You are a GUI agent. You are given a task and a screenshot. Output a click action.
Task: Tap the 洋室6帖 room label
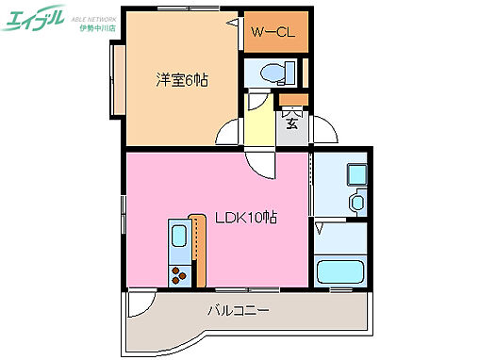(182, 80)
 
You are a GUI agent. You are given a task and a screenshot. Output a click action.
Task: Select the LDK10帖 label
(244, 217)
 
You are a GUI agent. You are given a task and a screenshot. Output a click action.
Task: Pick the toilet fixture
(269, 74)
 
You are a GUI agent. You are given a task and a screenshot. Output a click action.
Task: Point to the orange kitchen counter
(198, 251)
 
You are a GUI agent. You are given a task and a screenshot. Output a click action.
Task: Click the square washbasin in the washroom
(356, 174)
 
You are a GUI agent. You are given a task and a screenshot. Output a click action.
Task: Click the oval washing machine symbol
(356, 203)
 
